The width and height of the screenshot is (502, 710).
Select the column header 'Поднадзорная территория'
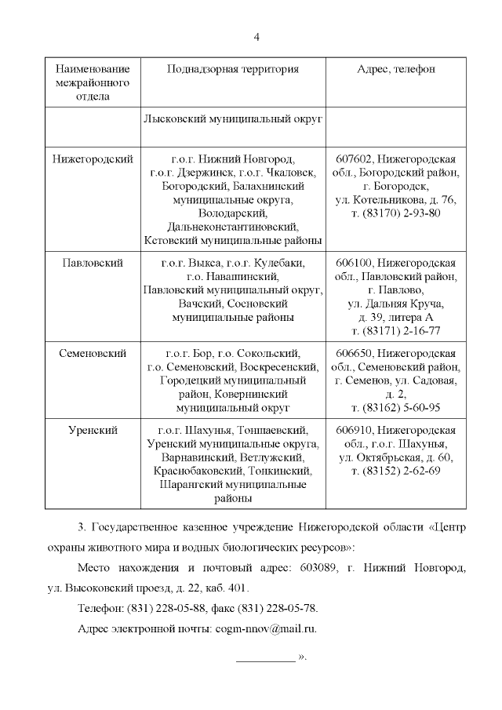tap(233, 69)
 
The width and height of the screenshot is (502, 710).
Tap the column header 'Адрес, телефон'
tap(395, 69)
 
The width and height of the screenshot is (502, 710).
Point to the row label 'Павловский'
tap(93, 262)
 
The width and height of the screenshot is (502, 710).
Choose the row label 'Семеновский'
tap(93, 352)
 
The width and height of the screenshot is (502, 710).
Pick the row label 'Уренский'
tap(93, 430)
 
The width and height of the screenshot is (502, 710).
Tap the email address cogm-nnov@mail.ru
tap(265, 628)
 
